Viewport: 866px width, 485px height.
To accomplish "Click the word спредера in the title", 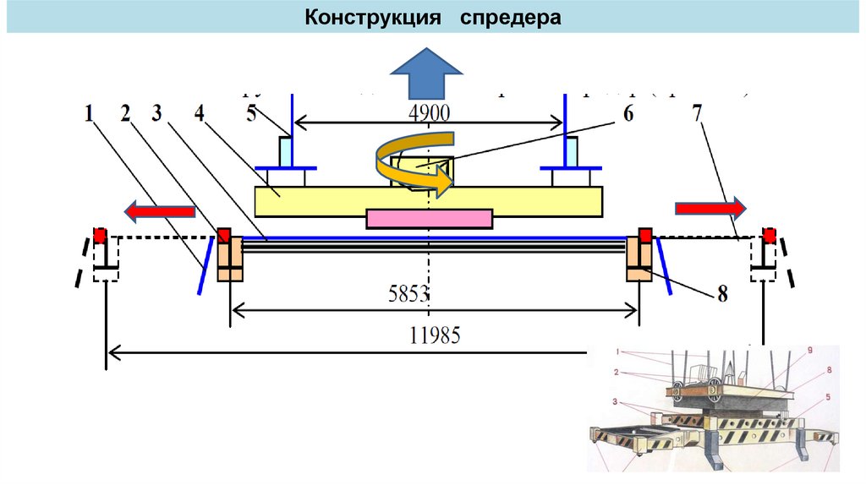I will (x=511, y=18).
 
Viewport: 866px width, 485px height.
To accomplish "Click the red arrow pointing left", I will (x=159, y=209).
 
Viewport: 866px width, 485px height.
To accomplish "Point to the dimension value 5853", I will (x=409, y=294).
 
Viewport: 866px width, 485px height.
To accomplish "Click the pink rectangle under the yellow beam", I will (x=430, y=219).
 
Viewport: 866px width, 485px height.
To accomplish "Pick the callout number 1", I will (x=89, y=113).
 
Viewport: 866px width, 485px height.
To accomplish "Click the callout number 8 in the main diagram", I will (x=721, y=294).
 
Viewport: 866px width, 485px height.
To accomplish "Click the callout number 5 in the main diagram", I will (x=251, y=113).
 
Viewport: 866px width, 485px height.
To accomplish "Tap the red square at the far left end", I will (x=100, y=236).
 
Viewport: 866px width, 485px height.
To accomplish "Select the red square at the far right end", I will (x=769, y=236).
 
